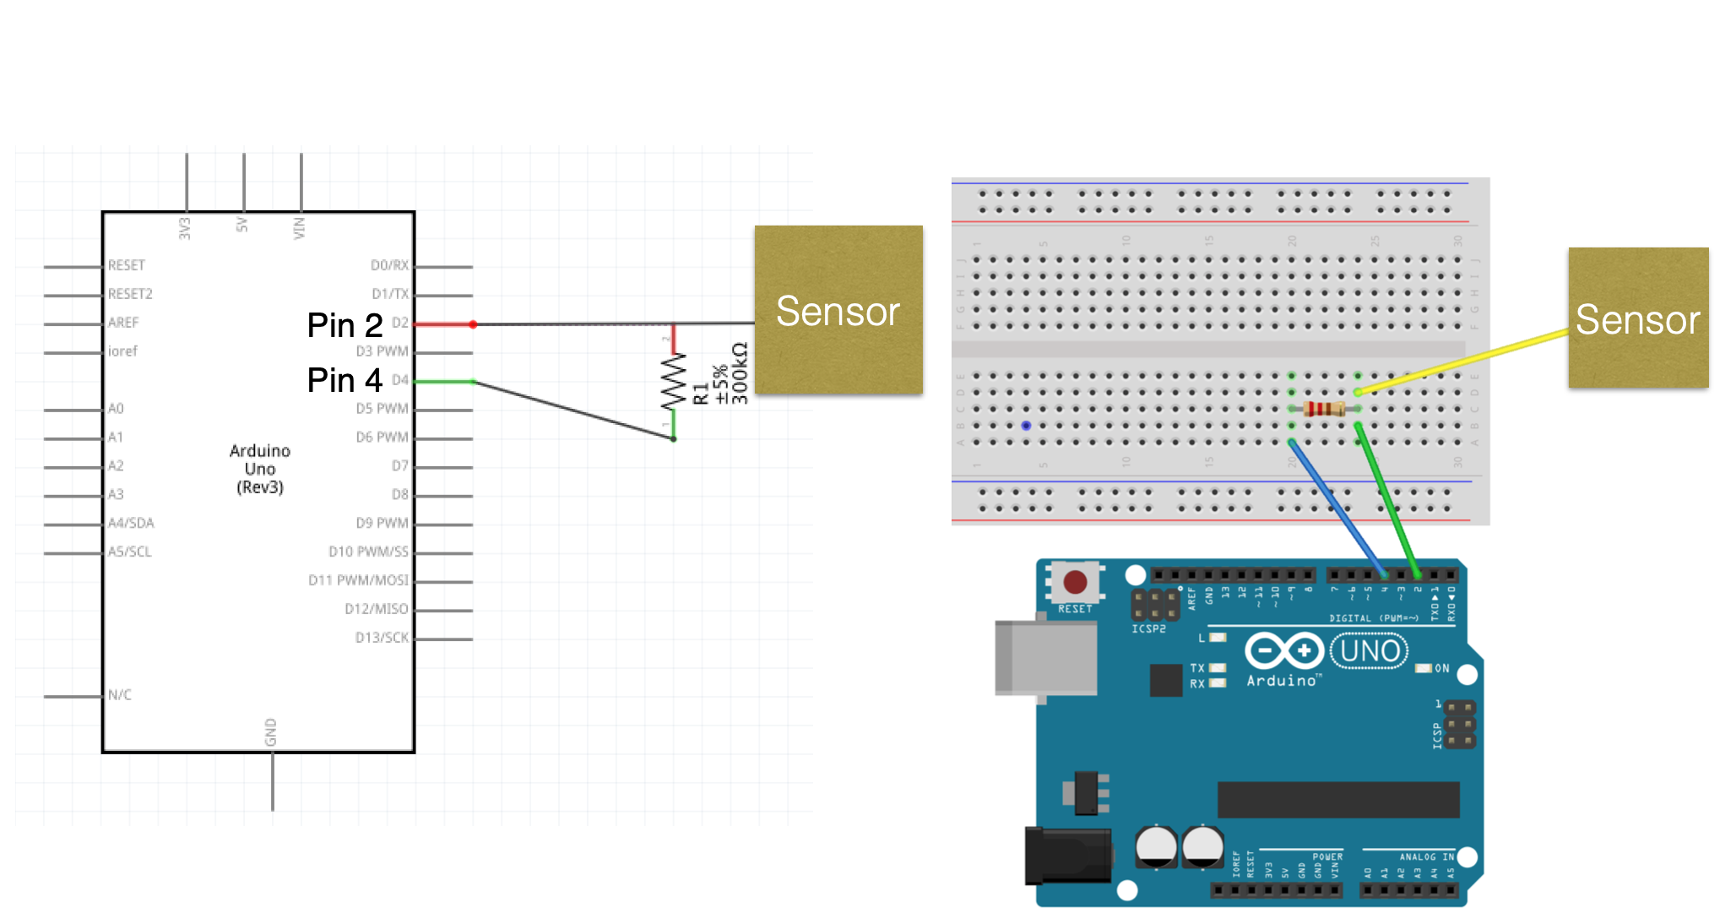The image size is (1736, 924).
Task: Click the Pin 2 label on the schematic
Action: click(x=344, y=325)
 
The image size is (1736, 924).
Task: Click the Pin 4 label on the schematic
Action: click(x=344, y=380)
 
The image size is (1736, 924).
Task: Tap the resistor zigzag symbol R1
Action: click(x=673, y=382)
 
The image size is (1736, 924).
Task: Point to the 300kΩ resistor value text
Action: click(x=740, y=373)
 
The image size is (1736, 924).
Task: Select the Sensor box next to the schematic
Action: click(x=838, y=310)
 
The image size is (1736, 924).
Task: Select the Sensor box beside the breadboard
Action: click(x=1638, y=318)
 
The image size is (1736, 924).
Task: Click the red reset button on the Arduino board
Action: click(x=1075, y=582)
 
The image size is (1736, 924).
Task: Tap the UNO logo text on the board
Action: click(x=1370, y=651)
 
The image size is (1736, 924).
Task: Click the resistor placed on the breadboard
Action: click(x=1324, y=410)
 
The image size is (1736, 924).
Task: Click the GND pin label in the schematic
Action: click(x=271, y=731)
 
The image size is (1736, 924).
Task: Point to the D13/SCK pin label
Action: click(x=382, y=638)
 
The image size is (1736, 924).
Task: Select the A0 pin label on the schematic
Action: click(x=116, y=409)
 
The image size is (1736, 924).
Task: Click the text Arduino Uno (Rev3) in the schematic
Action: click(x=260, y=469)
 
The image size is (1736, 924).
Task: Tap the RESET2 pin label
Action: click(x=130, y=294)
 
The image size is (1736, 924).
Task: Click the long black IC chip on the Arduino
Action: click(x=1338, y=799)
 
